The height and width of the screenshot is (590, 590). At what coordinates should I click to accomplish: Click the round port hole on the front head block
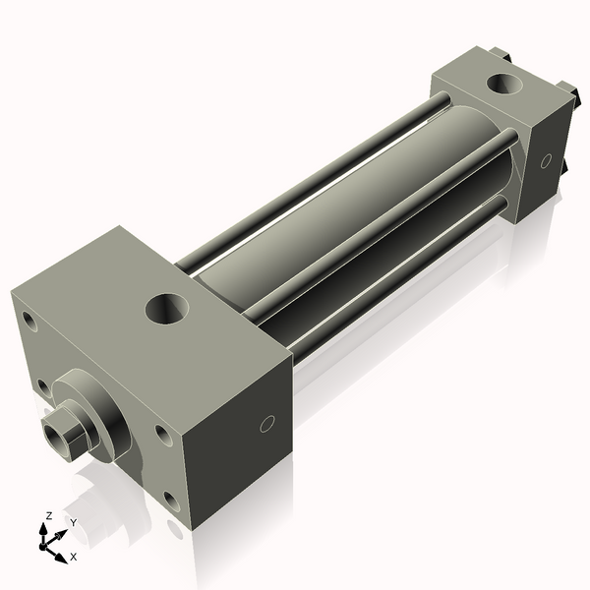pyautogui.click(x=167, y=309)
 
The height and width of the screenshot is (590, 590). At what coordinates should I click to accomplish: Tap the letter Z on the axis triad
pyautogui.click(x=48, y=516)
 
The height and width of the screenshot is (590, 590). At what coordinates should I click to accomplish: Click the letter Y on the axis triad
pyautogui.click(x=74, y=523)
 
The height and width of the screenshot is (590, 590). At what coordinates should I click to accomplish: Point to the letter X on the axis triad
pyautogui.click(x=74, y=557)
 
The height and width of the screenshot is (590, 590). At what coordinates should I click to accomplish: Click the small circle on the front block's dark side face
pyautogui.click(x=267, y=424)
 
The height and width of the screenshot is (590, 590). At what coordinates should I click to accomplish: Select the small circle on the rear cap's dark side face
pyautogui.click(x=547, y=160)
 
